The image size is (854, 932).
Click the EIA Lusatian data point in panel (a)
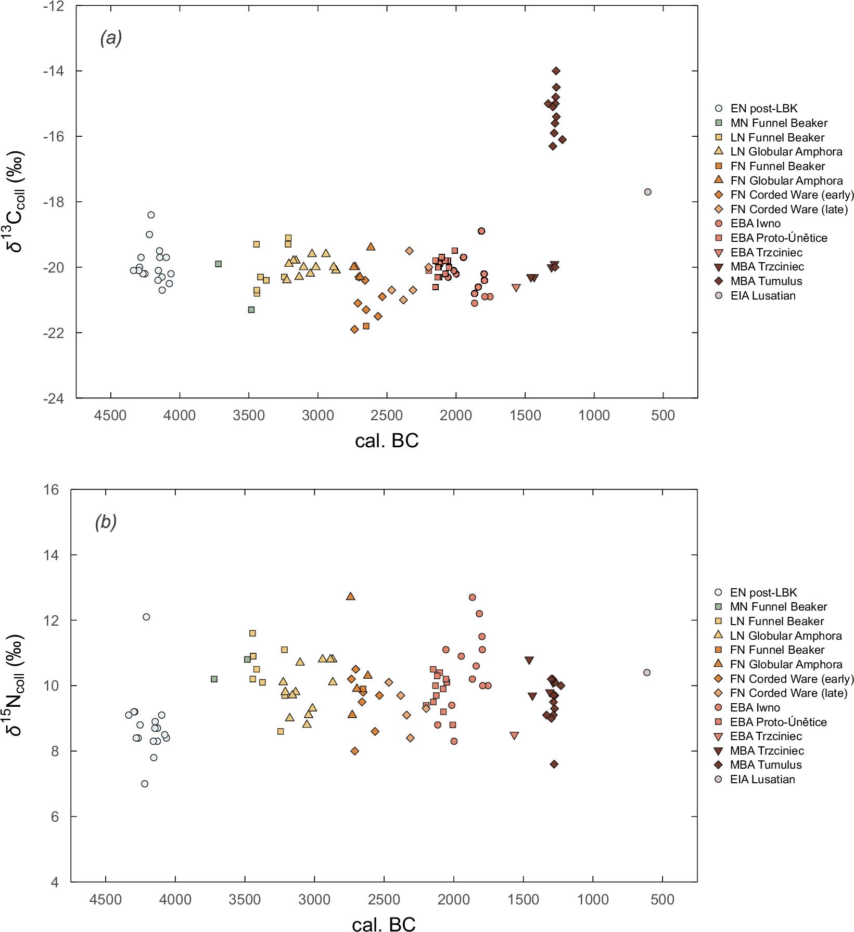click(x=647, y=192)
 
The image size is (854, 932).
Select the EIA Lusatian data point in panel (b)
click(x=647, y=672)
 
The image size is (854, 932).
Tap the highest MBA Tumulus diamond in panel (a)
click(x=556, y=71)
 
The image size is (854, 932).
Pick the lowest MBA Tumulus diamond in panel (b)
click(x=554, y=764)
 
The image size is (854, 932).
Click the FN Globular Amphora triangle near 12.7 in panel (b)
click(x=351, y=596)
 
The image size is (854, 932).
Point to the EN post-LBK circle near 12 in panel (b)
click(x=146, y=617)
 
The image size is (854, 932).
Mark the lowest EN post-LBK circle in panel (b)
click(x=145, y=784)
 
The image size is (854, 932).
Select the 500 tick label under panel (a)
click(x=663, y=416)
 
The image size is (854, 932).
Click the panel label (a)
click(x=111, y=38)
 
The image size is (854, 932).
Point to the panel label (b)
click(x=106, y=522)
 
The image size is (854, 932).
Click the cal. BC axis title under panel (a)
click(x=387, y=441)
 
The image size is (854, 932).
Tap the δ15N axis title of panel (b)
click(x=16, y=685)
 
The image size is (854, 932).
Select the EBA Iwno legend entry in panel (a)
click(x=755, y=224)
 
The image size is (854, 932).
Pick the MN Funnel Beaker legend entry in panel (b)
click(x=778, y=607)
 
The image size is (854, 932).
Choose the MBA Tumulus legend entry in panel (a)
click(x=766, y=281)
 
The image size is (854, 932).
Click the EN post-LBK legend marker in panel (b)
click(x=719, y=592)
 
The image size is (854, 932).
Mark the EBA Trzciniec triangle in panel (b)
click(x=514, y=736)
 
